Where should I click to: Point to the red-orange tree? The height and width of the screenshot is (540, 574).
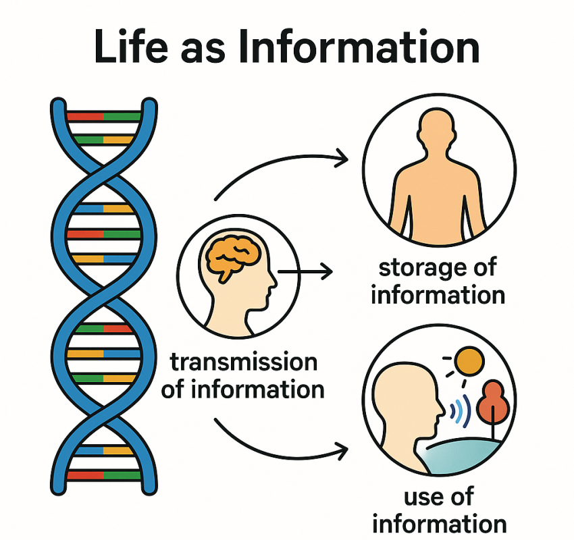(492, 401)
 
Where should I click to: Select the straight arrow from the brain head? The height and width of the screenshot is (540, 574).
(305, 272)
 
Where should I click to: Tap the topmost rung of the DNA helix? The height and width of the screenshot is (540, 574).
(104, 116)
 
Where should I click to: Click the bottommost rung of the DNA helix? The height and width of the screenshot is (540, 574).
(104, 475)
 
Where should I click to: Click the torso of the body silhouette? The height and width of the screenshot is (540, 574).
(434, 202)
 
